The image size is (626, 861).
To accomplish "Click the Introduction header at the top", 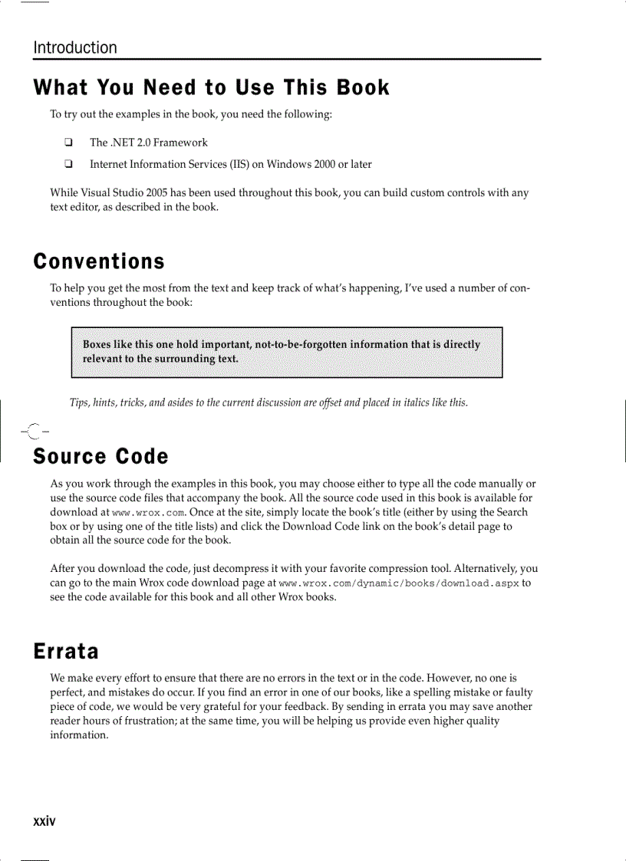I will (x=75, y=48).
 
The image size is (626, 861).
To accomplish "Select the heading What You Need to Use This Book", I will (x=211, y=87).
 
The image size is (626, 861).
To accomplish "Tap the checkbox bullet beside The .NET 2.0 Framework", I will (x=68, y=142).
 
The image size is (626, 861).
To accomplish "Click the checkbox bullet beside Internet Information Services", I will (x=68, y=164).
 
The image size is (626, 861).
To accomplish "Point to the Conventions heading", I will (x=99, y=261).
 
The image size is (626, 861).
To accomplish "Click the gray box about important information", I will (x=286, y=352).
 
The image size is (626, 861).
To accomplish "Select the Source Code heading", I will (x=100, y=456).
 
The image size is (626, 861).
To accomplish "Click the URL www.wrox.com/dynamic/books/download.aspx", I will (x=399, y=583).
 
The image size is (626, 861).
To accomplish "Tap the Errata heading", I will (x=66, y=651).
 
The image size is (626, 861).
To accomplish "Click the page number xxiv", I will (x=44, y=821).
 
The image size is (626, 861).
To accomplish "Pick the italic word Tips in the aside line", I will (x=79, y=403).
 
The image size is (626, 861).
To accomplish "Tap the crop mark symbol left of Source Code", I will (x=32, y=432).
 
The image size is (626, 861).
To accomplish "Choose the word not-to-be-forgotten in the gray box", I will (x=300, y=344).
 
